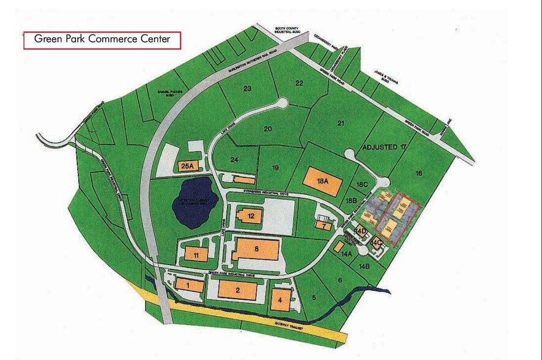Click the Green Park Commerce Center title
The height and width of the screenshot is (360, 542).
(102, 40)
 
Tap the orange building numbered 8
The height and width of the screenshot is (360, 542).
(256, 250)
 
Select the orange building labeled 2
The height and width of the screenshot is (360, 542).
(237, 290)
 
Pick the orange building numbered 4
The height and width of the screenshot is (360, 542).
(280, 300)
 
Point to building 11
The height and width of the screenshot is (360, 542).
(196, 255)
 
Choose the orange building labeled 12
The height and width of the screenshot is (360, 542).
(251, 216)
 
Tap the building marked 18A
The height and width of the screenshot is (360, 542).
(323, 181)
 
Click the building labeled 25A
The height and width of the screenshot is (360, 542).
(187, 165)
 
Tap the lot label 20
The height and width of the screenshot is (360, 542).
(267, 129)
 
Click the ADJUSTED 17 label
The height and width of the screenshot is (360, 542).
(384, 148)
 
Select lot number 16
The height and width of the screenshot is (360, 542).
(418, 173)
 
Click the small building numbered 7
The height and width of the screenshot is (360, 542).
(323, 225)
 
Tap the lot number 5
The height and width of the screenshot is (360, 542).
(314, 298)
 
